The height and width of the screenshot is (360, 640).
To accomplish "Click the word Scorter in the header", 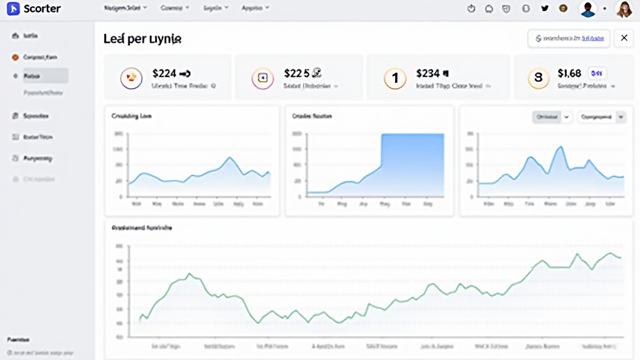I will point(42,9).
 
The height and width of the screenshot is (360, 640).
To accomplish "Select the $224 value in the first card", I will point(164,73).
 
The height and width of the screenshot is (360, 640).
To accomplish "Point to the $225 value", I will point(297,73).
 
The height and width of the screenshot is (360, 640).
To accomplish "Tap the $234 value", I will point(428,73).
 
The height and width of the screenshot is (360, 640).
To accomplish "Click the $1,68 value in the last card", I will point(569,73).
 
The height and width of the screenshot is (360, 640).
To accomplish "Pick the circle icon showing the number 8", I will point(537,78).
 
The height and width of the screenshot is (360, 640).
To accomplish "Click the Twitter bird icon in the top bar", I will point(544,9).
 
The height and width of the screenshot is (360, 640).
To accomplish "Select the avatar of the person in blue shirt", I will point(587,9).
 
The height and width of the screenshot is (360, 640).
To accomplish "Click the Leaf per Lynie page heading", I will point(142,39).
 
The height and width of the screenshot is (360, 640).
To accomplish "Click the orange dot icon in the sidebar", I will point(15,57).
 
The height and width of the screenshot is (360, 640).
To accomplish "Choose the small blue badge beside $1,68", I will point(596,72).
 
